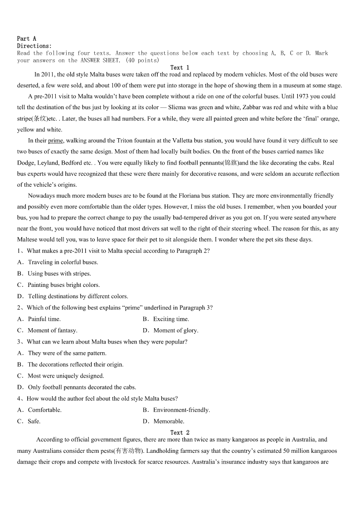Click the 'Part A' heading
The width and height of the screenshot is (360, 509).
click(x=27, y=39)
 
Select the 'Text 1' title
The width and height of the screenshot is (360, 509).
click(x=180, y=68)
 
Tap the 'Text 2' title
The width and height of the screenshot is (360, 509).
click(x=180, y=432)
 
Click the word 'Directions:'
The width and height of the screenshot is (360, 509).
click(x=34, y=46)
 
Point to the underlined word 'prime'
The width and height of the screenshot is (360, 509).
click(x=55, y=141)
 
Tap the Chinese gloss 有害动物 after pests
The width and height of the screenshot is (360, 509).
click(x=128, y=451)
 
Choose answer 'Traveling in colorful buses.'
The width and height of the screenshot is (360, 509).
click(x=63, y=262)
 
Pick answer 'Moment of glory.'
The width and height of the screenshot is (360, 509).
click(x=175, y=330)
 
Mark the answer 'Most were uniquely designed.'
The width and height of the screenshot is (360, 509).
click(x=66, y=376)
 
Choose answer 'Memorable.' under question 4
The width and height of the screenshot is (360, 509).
click(x=169, y=421)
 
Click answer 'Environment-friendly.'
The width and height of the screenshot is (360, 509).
click(x=181, y=410)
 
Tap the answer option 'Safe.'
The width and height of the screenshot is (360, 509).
click(x=34, y=421)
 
